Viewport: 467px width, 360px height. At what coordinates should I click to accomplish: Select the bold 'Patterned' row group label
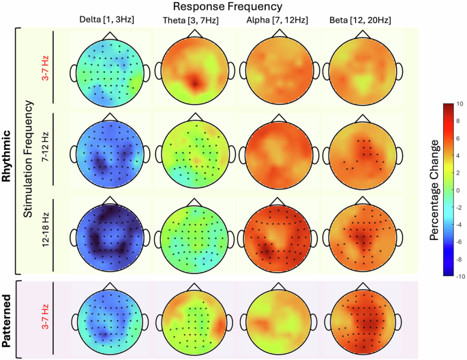8,319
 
